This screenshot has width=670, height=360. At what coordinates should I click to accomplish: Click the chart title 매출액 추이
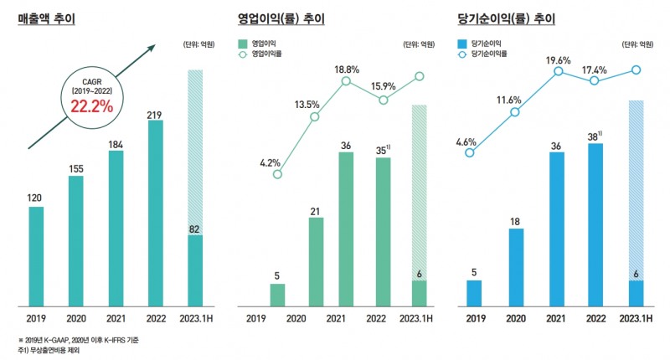(x=47, y=18)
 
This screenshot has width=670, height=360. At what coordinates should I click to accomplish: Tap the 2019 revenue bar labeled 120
(x=35, y=255)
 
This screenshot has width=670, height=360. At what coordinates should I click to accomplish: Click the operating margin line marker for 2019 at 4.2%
(x=277, y=174)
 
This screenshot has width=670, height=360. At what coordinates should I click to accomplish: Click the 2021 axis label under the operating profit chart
(x=335, y=318)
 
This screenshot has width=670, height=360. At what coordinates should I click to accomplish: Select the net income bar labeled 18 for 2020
(x=517, y=267)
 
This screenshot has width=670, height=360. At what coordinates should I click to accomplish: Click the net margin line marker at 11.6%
(x=515, y=112)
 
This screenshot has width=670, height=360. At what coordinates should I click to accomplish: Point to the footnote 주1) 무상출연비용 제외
(x=52, y=349)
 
